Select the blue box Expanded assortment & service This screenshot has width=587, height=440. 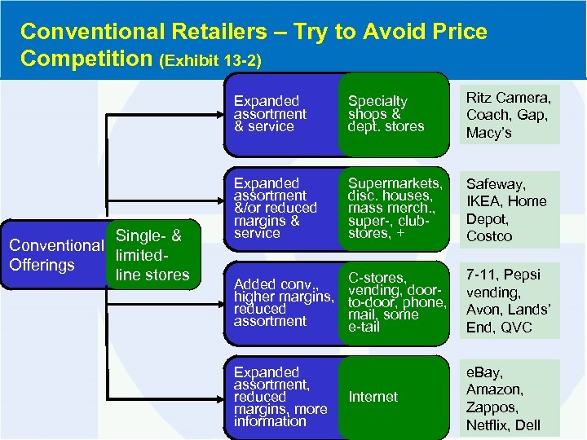tap(277, 114)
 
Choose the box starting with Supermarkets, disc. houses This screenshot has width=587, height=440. tap(394, 209)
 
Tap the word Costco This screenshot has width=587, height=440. tap(489, 236)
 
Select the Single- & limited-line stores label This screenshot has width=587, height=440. tap(152, 255)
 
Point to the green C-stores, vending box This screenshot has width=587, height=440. tap(394, 302)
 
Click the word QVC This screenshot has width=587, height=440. tap(516, 328)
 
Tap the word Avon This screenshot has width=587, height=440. tap(483, 310)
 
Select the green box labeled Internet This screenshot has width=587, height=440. tap(394, 397)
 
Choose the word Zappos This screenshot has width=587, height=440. tap(491, 407)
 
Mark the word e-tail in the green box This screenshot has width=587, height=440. tap(365, 327)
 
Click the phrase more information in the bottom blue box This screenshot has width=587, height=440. tap(280, 415)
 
